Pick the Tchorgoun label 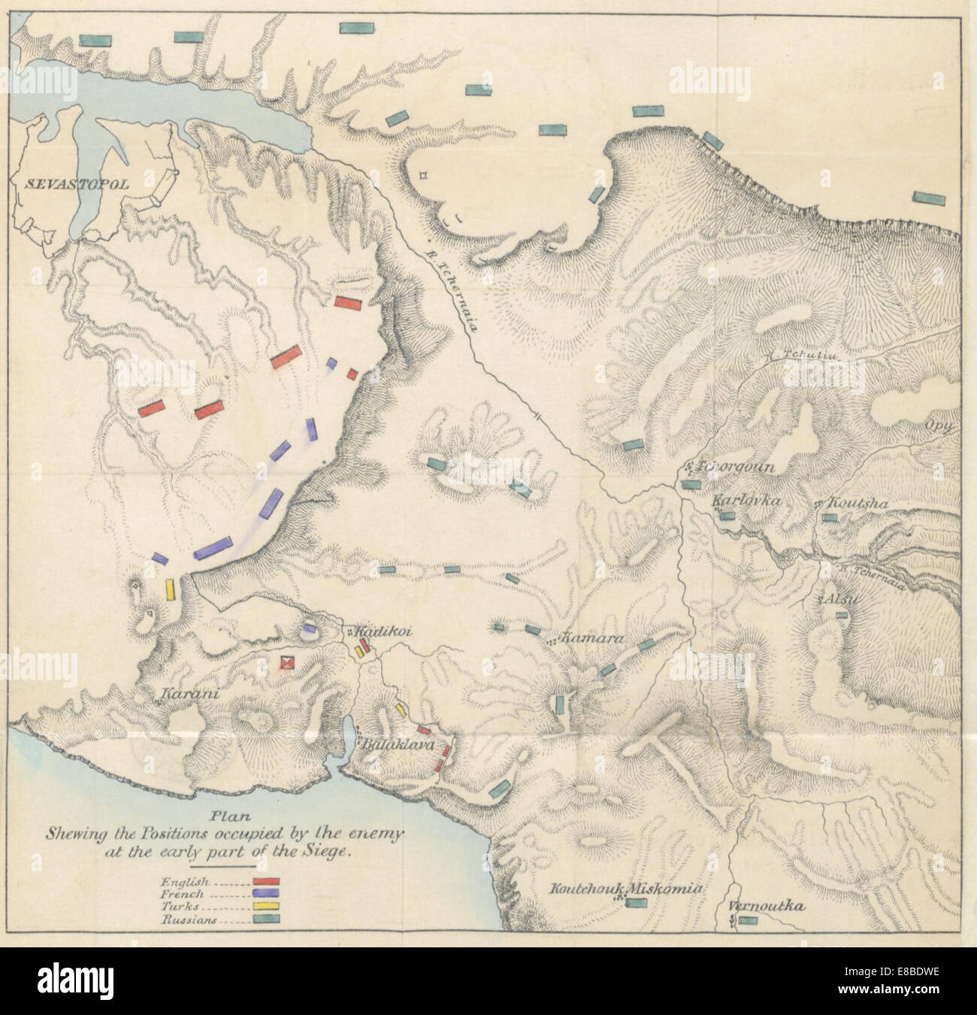730,466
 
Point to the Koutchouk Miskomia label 626,889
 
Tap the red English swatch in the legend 267,880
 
